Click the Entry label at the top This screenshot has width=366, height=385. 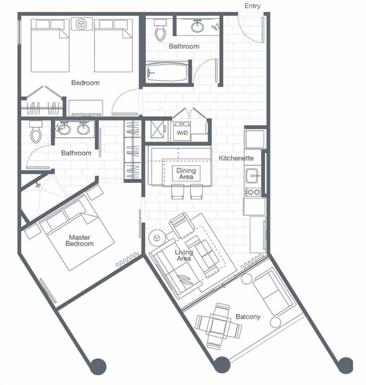(x=252, y=6)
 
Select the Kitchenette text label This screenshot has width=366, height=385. (x=236, y=158)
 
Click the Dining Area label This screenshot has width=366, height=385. (x=186, y=174)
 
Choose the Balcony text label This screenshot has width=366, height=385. (x=248, y=316)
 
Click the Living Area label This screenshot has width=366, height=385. (x=183, y=255)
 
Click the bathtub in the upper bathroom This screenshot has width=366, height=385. (x=168, y=71)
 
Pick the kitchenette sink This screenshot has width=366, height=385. (x=252, y=176)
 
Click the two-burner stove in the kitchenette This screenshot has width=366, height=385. (x=252, y=192)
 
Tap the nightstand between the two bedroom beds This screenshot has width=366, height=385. (x=81, y=24)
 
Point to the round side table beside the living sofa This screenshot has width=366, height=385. (x=156, y=238)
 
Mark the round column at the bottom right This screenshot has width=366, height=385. (x=345, y=366)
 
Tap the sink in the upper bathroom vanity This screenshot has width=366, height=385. (x=197, y=26)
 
